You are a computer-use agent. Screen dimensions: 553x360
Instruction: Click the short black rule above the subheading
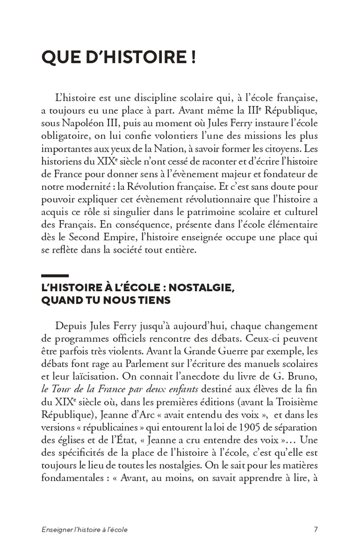tap(55, 276)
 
